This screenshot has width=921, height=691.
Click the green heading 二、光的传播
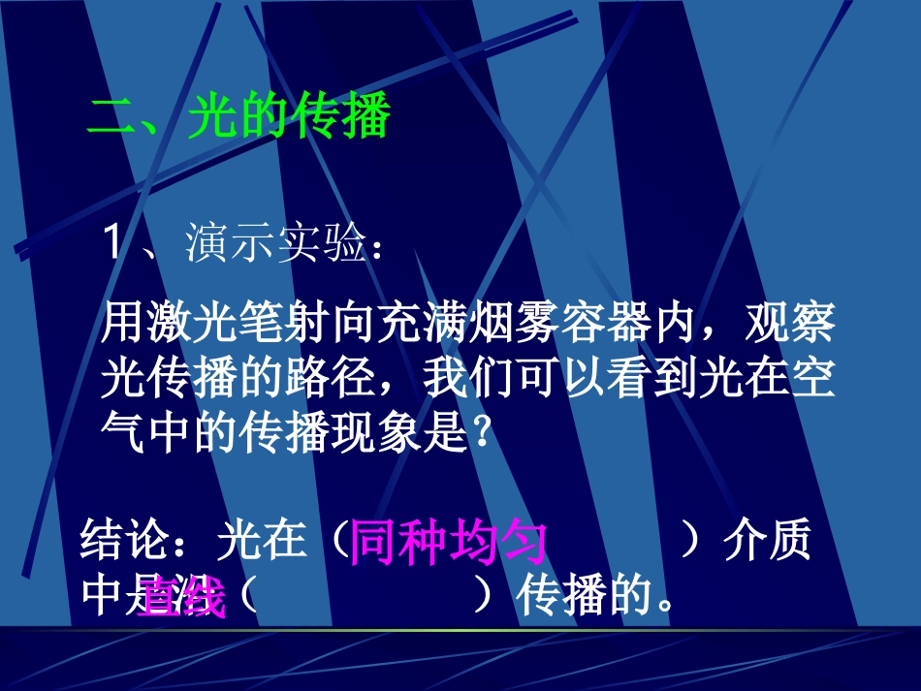(238, 118)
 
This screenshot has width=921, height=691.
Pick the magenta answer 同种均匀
(448, 542)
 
